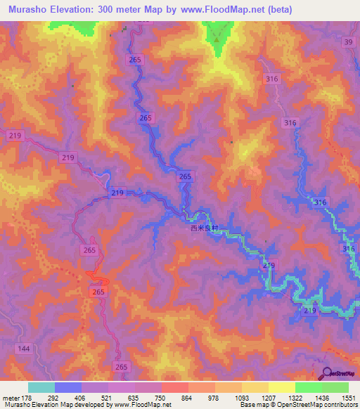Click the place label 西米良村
click(205, 228)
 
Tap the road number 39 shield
click(349, 43)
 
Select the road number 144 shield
click(24, 349)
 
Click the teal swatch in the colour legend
click(41, 387)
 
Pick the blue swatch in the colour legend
click(67, 387)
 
